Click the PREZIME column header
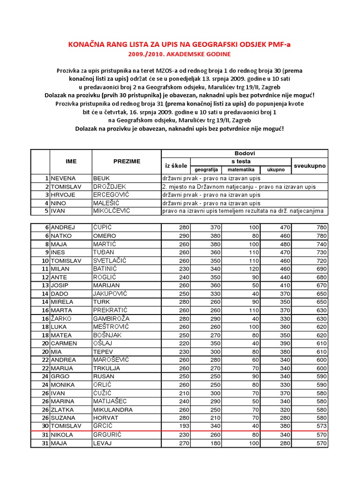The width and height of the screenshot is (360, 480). tap(127, 161)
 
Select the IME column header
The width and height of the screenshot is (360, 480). tap(71, 161)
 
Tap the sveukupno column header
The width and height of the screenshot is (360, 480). tap(310, 165)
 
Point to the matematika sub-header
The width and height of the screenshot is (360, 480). tap(241, 170)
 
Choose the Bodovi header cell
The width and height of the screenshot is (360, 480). tap(244, 153)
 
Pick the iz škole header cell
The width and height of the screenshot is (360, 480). tap(176, 165)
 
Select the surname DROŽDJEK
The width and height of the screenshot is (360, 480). tap(107, 187)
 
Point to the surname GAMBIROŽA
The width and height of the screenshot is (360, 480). tap(111, 318)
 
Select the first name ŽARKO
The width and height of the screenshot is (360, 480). tap(62, 318)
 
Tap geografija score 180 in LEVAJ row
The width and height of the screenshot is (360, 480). tap(214, 442)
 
